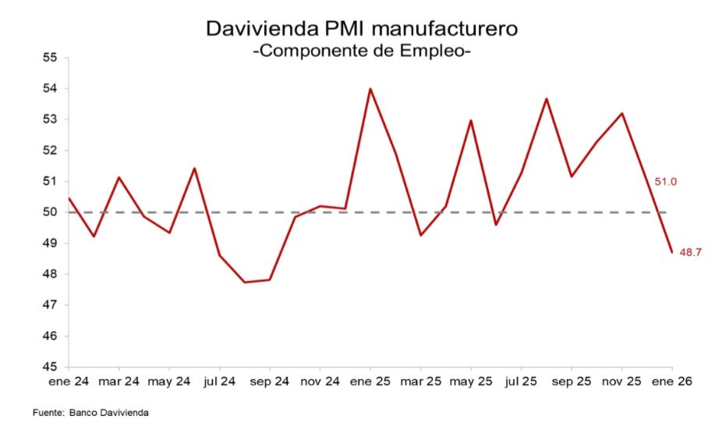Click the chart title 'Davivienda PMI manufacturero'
(362, 29)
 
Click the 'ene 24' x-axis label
(69, 382)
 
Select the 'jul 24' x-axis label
(219, 382)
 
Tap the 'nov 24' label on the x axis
(320, 382)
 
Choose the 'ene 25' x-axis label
(370, 382)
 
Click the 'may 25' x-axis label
(470, 382)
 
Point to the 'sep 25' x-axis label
(571, 382)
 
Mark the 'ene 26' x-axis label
(671, 382)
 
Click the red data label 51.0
(665, 182)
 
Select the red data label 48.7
(692, 252)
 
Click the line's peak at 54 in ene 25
(370, 89)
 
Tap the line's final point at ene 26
(671, 252)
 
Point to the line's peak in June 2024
(194, 169)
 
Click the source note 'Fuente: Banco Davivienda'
(90, 412)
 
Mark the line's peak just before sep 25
(546, 98)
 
